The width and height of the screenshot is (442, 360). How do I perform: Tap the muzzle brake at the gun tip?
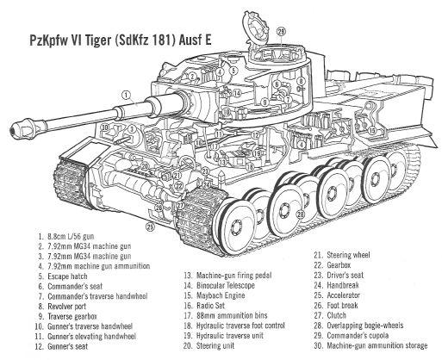click(x=23, y=127)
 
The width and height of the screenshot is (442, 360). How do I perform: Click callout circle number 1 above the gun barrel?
click(x=126, y=94)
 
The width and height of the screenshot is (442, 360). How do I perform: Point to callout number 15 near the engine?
click(x=371, y=131)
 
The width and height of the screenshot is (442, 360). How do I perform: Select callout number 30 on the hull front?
click(x=105, y=127)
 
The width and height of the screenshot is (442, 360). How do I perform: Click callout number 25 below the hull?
click(x=150, y=227)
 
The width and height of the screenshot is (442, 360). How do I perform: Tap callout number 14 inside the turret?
click(x=237, y=93)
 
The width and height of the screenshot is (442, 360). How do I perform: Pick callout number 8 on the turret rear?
click(x=301, y=81)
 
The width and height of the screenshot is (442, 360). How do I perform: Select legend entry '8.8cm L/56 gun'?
click(x=71, y=237)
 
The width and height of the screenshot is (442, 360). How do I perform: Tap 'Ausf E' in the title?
click(x=195, y=40)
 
